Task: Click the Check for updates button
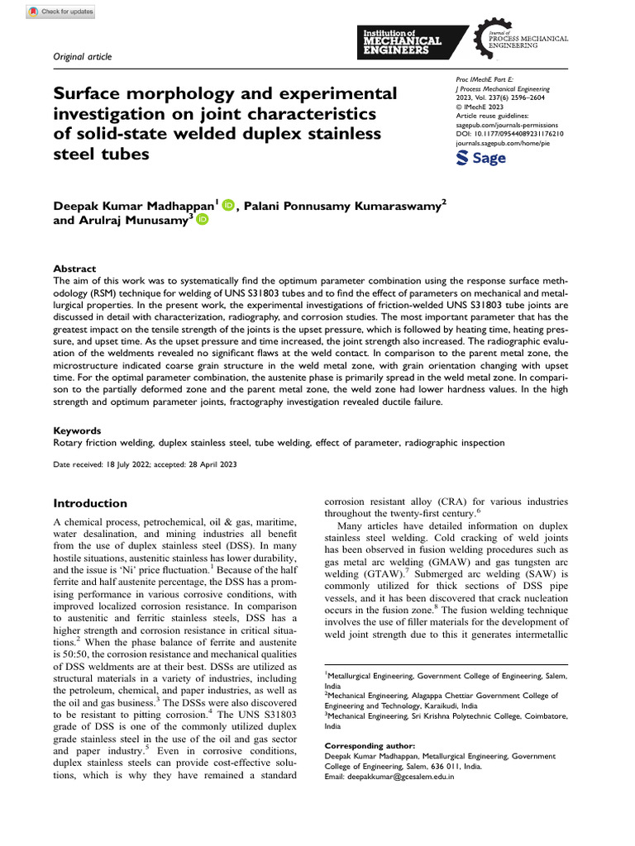(x=60, y=12)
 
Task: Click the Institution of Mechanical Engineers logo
(x=403, y=41)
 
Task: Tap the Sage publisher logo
(x=480, y=158)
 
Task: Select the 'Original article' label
(x=82, y=56)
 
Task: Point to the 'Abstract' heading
(x=74, y=269)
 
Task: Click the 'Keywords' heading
(x=78, y=430)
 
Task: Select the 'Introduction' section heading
(x=90, y=503)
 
